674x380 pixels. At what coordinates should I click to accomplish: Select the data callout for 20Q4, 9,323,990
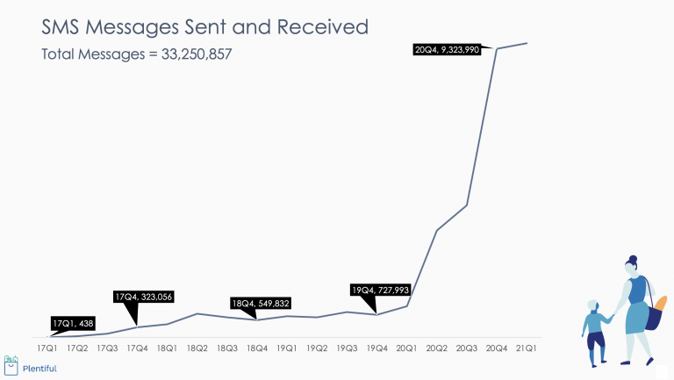pos(453,50)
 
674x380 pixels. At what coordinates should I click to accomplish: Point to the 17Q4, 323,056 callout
pos(144,297)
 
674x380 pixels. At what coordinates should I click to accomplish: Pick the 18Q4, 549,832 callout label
pos(260,304)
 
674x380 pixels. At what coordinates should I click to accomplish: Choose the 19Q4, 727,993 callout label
pos(380,290)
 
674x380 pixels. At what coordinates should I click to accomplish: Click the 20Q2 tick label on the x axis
pos(436,348)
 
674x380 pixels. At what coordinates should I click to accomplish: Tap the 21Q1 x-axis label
pos(527,348)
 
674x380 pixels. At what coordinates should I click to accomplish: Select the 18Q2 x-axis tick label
pos(197,348)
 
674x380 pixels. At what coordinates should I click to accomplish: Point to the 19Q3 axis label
pos(347,348)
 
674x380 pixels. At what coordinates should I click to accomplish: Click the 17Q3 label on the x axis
pos(107,348)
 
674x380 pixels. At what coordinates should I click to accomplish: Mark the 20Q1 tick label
pos(406,348)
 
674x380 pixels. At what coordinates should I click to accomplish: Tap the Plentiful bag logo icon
pos(11,363)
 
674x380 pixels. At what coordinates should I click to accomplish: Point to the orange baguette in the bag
pos(660,308)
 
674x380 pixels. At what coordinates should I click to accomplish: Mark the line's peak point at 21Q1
pos(527,42)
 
